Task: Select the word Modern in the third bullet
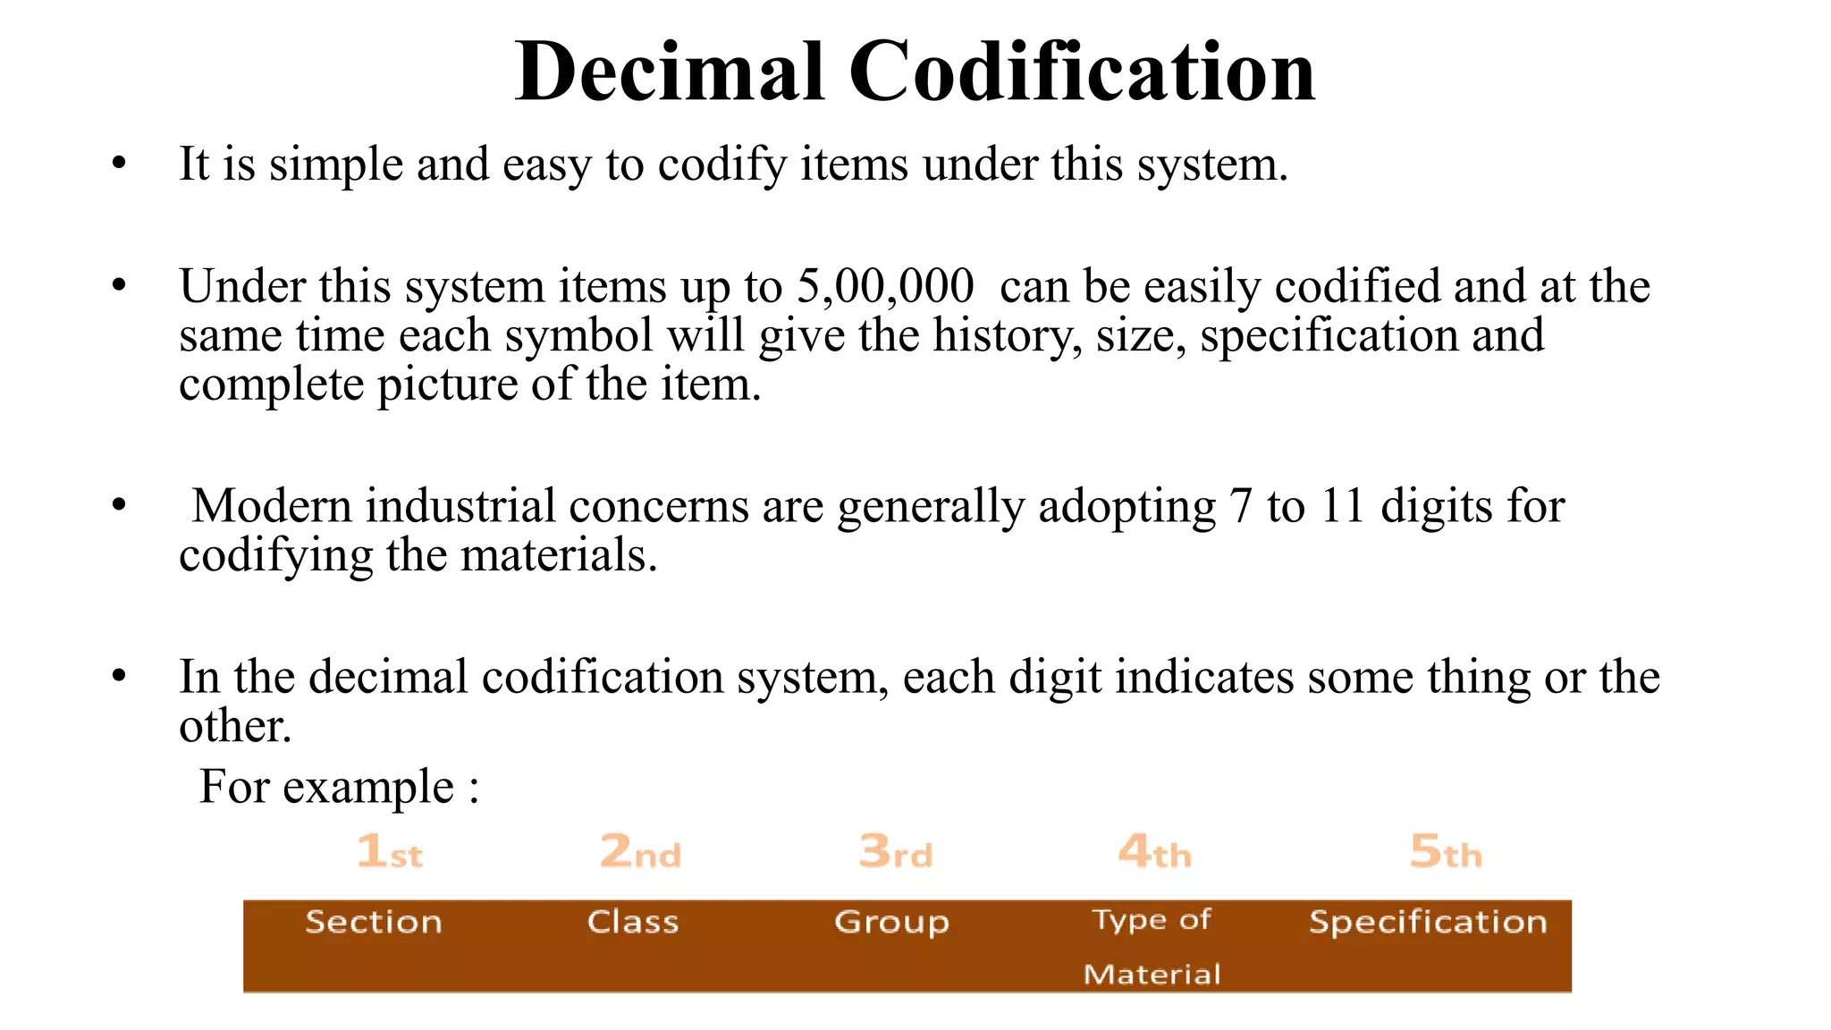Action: click(x=271, y=506)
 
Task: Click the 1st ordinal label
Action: click(x=390, y=850)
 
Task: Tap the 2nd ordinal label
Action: click(x=640, y=850)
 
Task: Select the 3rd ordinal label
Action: click(x=896, y=850)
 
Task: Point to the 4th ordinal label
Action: click(x=1154, y=850)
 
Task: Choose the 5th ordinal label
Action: click(x=1446, y=850)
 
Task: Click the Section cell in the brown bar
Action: click(x=374, y=922)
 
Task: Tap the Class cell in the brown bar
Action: click(x=633, y=922)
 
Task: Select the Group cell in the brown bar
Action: click(x=891, y=923)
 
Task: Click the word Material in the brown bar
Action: click(x=1152, y=974)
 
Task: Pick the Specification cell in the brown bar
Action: click(x=1428, y=922)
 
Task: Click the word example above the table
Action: click(x=368, y=788)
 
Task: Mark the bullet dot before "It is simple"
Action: click(x=120, y=164)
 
